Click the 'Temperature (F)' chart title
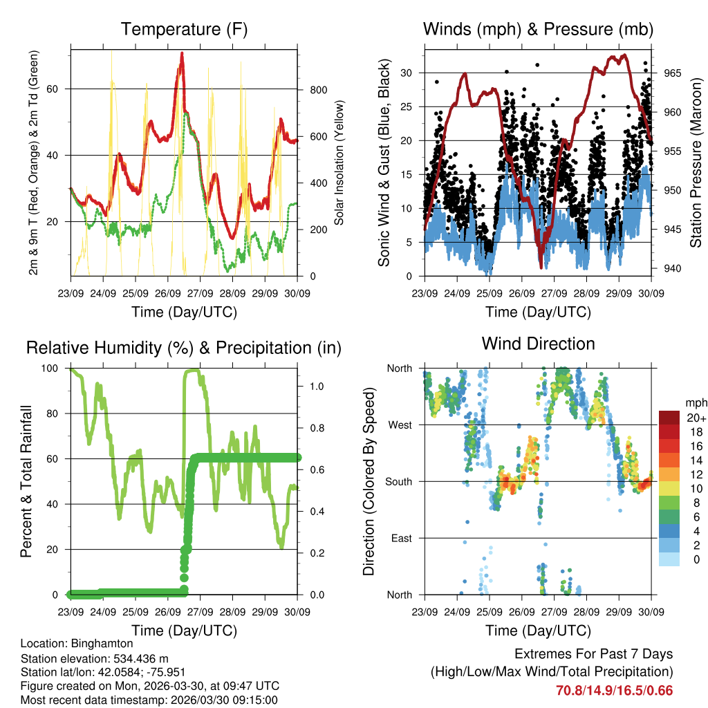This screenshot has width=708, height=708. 184,29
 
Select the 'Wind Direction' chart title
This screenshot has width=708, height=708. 538,344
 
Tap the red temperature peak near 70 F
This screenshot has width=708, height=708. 182,54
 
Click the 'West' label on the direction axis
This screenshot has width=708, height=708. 400,425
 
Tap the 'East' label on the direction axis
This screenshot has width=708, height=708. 401,538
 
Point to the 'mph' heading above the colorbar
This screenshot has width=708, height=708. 694,402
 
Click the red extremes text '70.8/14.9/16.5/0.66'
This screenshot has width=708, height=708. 614,690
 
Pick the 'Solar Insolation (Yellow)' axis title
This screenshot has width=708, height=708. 339,163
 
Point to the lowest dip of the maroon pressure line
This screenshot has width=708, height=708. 541,266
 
